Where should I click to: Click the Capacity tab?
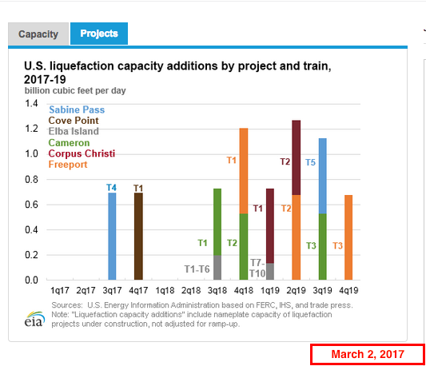[38, 34]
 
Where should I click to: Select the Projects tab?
[99, 34]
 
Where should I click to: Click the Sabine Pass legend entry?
[77, 109]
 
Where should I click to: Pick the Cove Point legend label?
[74, 121]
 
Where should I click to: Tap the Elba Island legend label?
[74, 131]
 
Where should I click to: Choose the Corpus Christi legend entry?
[82, 153]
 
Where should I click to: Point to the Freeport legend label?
[68, 165]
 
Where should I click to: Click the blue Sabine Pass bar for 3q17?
[112, 236]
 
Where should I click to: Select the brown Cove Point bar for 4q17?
[138, 236]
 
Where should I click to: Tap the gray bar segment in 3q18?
[217, 268]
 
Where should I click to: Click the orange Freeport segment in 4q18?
[244, 171]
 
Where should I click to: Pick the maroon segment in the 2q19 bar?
[297, 157]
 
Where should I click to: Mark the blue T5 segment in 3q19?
[322, 176]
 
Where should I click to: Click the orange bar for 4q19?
[348, 237]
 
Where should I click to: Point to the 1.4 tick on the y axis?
[31, 104]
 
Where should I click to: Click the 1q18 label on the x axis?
[165, 290]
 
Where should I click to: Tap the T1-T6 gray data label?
[197, 269]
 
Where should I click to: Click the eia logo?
[34, 319]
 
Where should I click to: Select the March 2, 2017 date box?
[368, 354]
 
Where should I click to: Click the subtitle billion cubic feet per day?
[75, 90]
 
